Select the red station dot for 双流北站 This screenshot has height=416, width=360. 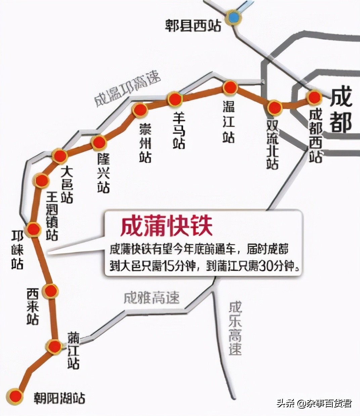[x=274, y=107]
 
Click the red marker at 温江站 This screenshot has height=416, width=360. [x=230, y=88]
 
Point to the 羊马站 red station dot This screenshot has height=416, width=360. [x=175, y=99]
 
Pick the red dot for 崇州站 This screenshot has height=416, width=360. [x=140, y=110]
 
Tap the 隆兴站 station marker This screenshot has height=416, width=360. [x=99, y=143]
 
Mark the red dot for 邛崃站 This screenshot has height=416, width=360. [x=33, y=229]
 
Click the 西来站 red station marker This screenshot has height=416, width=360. [x=51, y=291]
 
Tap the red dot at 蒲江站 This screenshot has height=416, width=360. [x=54, y=346]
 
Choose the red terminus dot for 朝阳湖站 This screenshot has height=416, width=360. [x=15, y=396]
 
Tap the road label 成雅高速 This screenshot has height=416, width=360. [x=151, y=297]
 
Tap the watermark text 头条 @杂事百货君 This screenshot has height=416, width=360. [x=314, y=403]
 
